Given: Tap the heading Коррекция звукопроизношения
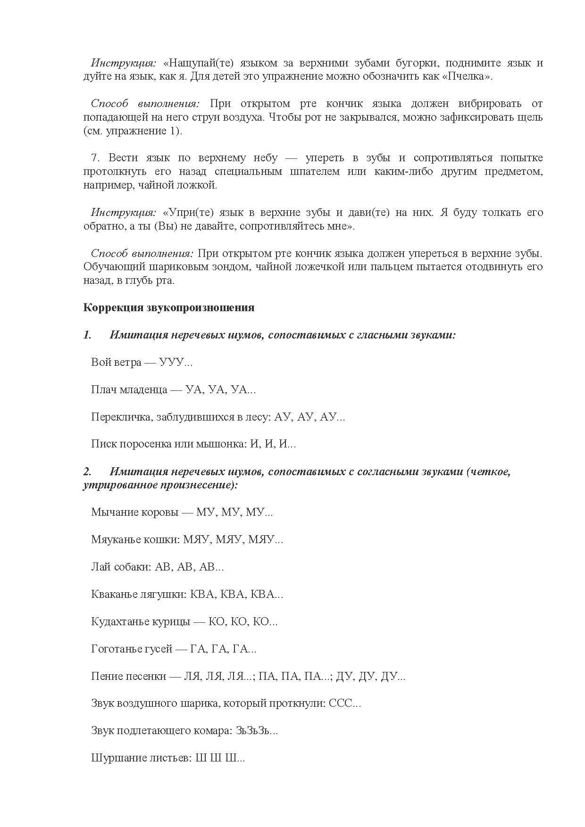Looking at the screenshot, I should click(168, 308).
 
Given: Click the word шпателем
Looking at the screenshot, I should click(313, 172).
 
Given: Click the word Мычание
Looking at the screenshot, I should click(111, 513).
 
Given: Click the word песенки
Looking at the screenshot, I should click(146, 677).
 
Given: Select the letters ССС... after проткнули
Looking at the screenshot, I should click(345, 703).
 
